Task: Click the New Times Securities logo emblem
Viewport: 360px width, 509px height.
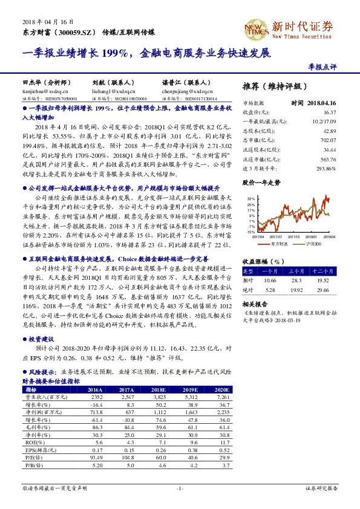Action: [x=254, y=28]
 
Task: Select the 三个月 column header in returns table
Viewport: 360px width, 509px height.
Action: [x=297, y=271]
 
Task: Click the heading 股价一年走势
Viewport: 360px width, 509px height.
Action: [x=262, y=182]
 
